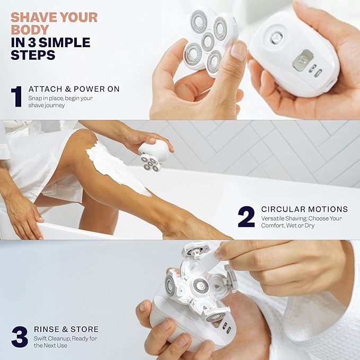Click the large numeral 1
pyautogui.click(x=16, y=96)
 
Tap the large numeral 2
pyautogui.click(x=246, y=216)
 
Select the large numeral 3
pyautogui.click(x=19, y=337)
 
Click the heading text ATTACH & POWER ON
pyautogui.click(x=74, y=89)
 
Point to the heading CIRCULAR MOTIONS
pyautogui.click(x=304, y=209)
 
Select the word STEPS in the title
pyautogui.click(x=33, y=55)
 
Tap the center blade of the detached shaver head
pyautogui.click(x=207, y=41)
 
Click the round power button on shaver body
pyautogui.click(x=276, y=37)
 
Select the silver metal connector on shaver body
pyautogui.click(x=303, y=60)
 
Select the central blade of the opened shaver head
pyautogui.click(x=200, y=286)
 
